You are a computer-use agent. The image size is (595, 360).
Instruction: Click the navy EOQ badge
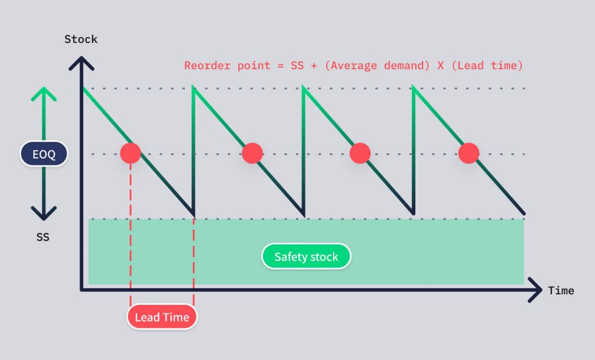point(44,154)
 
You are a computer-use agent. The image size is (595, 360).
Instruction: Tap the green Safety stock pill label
point(306,257)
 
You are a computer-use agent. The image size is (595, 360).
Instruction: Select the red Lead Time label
point(162,317)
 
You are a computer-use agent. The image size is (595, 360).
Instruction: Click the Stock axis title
point(81,39)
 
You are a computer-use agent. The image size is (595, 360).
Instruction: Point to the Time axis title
point(561,290)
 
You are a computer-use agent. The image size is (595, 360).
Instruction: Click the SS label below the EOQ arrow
point(42,237)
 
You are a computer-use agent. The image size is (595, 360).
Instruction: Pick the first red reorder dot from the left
point(131,153)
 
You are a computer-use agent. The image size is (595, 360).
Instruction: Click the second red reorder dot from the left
point(252,153)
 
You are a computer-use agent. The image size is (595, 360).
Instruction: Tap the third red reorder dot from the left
point(360,153)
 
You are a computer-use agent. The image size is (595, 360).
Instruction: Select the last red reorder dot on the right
point(468,153)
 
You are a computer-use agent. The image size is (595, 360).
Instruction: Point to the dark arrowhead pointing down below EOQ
point(44,214)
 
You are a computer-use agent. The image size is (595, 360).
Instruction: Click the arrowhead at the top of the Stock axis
point(81,63)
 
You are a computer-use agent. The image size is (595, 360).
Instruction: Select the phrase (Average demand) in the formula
point(372,66)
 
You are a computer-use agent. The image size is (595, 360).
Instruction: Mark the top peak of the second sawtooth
point(193,88)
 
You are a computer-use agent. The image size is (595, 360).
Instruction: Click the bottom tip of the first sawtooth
point(193,214)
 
